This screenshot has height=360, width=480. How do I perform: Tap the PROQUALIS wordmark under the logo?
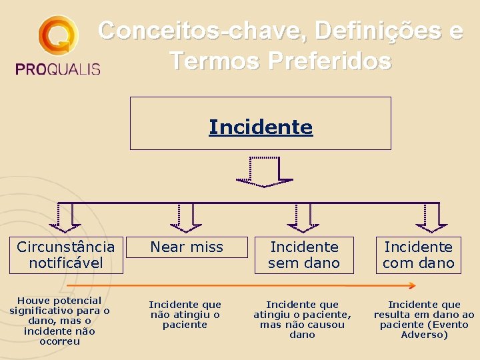pyautogui.click(x=57, y=68)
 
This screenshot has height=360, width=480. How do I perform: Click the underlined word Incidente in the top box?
pyautogui.click(x=260, y=127)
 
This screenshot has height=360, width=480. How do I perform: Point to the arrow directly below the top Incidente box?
pyautogui.click(x=263, y=172)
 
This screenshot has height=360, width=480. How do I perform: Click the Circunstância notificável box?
pyautogui.click(x=66, y=255)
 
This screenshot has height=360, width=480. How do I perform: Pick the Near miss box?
pyautogui.click(x=187, y=248)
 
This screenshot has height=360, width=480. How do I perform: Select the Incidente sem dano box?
pyautogui.click(x=304, y=255)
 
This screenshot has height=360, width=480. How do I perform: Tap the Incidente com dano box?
pyautogui.click(x=418, y=255)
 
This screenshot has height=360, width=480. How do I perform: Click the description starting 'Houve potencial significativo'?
pyautogui.click(x=59, y=321)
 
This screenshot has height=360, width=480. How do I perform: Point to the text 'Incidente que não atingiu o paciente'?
pyautogui.click(x=185, y=314)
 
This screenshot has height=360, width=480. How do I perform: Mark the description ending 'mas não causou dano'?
pyautogui.click(x=302, y=319)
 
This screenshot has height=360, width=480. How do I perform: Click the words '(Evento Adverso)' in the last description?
pyautogui.click(x=424, y=329)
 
